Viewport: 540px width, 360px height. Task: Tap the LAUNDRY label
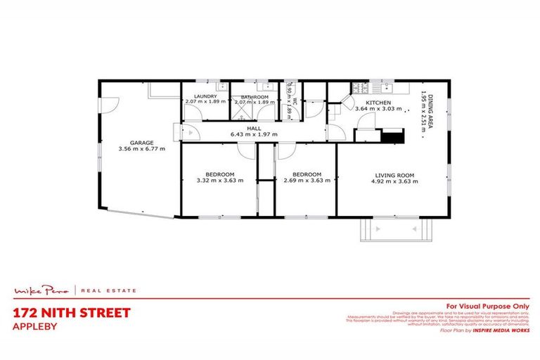[205, 96]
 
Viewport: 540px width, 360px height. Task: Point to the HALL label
[255, 129]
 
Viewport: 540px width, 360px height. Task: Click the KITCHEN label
[378, 102]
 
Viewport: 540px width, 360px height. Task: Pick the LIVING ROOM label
[393, 174]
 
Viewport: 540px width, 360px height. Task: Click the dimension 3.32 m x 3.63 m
[219, 181]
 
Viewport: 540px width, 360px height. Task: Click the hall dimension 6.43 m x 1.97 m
[255, 135]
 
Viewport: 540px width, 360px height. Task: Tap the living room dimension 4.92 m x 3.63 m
[393, 181]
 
